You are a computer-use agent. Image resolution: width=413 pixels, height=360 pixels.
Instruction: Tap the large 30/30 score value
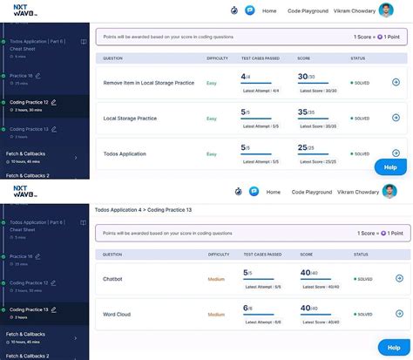click(x=305, y=77)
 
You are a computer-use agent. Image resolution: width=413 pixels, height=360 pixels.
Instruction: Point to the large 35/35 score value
click(x=305, y=112)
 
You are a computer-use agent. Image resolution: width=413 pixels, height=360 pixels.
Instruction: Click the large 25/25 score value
click(x=305, y=148)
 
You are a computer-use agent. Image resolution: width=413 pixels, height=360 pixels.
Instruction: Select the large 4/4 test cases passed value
click(x=245, y=77)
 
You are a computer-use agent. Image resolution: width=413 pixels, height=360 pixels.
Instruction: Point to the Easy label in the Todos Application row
click(x=211, y=153)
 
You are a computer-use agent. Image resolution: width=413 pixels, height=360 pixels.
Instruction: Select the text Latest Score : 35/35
click(x=318, y=126)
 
